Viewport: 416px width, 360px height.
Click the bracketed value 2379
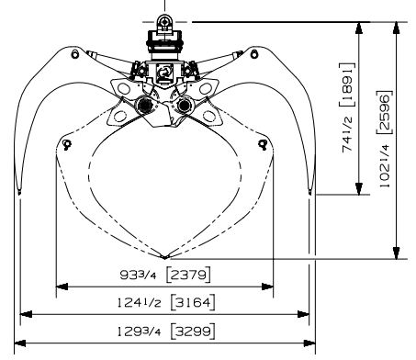188,275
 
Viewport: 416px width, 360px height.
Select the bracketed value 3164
193,302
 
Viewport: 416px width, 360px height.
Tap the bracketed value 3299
193,331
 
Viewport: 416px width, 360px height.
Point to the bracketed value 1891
348,84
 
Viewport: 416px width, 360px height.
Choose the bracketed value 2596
384,112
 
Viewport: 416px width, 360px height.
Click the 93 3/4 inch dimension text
138,275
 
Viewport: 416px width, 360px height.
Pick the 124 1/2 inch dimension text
140,303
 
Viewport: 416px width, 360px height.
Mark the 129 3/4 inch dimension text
140,332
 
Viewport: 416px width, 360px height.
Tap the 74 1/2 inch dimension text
348,134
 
